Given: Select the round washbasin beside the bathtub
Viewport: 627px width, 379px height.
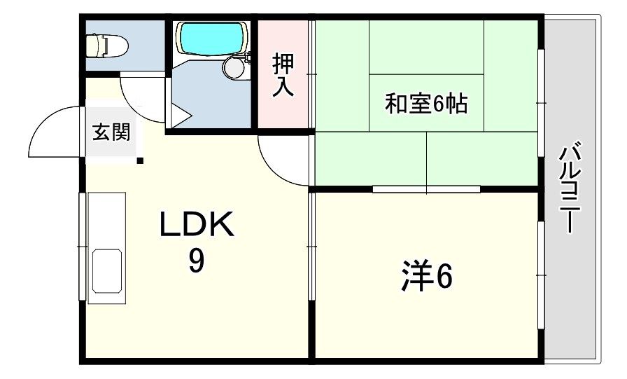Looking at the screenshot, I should point(233,67).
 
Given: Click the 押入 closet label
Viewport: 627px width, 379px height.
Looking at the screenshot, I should point(283,75).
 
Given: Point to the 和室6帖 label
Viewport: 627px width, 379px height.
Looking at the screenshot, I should point(426,104).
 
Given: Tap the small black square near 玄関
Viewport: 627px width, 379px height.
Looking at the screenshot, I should point(140,162).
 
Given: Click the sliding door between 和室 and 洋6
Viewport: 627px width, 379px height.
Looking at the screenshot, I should point(426,188).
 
